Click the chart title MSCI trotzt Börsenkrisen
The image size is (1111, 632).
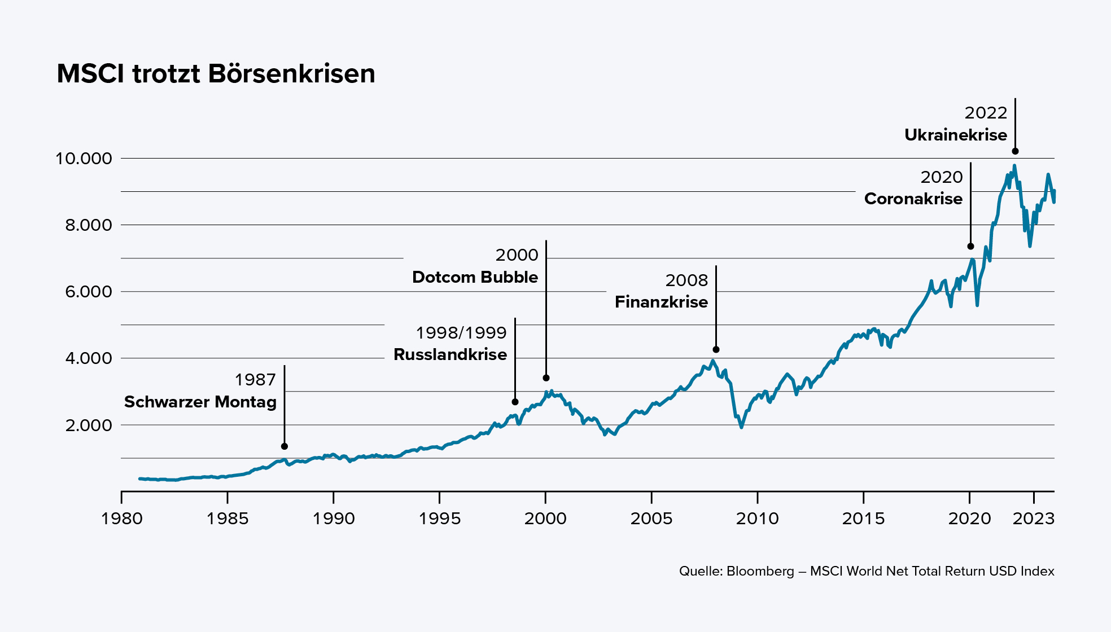(x=216, y=74)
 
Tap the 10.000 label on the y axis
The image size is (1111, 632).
(x=84, y=159)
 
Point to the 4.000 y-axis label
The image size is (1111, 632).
(x=88, y=358)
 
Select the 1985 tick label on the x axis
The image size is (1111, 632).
(x=227, y=519)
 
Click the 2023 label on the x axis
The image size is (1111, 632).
(x=1033, y=519)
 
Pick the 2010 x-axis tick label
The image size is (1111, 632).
(x=757, y=519)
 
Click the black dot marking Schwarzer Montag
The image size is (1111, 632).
(x=285, y=446)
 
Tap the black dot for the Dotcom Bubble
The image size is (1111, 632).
(x=546, y=378)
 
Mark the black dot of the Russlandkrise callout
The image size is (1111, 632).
(x=515, y=402)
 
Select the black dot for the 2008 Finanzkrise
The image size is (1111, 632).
(x=716, y=350)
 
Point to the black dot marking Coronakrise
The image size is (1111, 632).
(x=970, y=247)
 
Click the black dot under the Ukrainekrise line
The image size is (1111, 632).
(x=1015, y=151)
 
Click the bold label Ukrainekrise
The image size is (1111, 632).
(x=955, y=135)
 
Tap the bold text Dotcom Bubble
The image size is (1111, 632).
(x=475, y=277)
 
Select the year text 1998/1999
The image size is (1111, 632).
(x=461, y=333)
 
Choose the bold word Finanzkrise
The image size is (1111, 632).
(x=661, y=302)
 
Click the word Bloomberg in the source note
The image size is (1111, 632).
(x=760, y=571)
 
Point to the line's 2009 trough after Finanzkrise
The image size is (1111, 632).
(x=741, y=427)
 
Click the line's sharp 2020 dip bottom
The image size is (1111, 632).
(x=977, y=305)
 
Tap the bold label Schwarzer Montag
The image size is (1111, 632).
(x=200, y=402)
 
